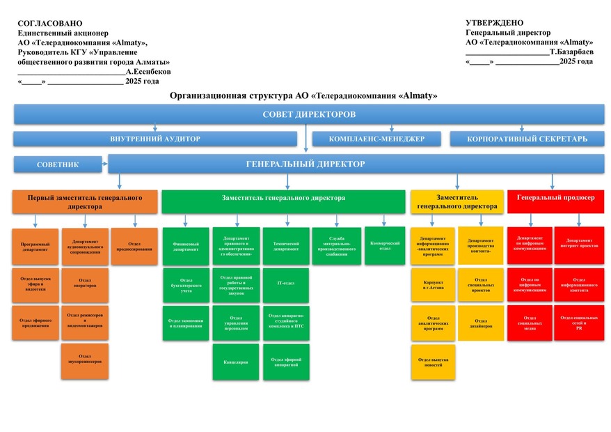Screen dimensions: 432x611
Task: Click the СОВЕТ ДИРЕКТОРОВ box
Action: point(309,114)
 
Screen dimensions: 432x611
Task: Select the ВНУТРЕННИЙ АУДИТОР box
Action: point(154,139)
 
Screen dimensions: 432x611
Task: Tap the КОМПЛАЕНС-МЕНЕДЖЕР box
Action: point(376,139)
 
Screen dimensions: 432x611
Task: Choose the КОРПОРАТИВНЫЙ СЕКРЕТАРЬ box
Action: point(527,139)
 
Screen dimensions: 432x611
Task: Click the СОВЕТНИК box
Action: point(57,164)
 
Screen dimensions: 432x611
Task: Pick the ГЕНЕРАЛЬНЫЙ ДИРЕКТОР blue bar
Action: point(356,164)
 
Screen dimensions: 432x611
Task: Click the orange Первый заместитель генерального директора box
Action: point(85,201)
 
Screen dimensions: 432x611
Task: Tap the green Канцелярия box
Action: point(236,362)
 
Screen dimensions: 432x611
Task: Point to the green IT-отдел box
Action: point(286,284)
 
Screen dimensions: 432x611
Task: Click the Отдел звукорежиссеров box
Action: point(85,360)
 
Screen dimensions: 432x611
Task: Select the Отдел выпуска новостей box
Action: point(433,362)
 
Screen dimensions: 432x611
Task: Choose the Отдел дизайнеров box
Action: point(480,323)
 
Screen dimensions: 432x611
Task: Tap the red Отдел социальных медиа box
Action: point(530,323)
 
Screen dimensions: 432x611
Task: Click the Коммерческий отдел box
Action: point(385,245)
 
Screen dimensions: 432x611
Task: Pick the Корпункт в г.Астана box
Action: point(433,284)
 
